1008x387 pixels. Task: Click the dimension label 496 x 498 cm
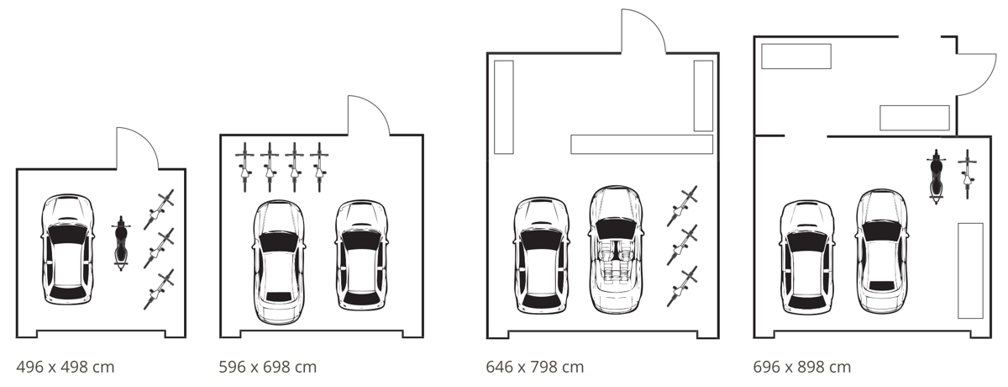point(66,367)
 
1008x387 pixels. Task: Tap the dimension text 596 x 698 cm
point(268,367)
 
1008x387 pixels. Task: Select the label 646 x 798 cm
point(535,367)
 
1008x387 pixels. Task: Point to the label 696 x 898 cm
point(802,367)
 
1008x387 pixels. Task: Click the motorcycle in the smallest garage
point(121,242)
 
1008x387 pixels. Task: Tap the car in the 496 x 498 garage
point(68,250)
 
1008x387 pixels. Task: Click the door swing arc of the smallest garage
point(139,146)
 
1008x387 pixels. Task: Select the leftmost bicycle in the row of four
point(244,167)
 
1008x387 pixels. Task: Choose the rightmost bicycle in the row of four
point(319,167)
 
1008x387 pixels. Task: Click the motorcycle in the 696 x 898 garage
point(936,177)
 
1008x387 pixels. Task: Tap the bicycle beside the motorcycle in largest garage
point(968,173)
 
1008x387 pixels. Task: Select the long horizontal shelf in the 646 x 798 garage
point(642,144)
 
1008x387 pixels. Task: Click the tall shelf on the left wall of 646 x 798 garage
point(503,108)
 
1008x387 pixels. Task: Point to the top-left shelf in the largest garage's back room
point(795,56)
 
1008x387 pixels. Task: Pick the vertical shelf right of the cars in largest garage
point(970,270)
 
